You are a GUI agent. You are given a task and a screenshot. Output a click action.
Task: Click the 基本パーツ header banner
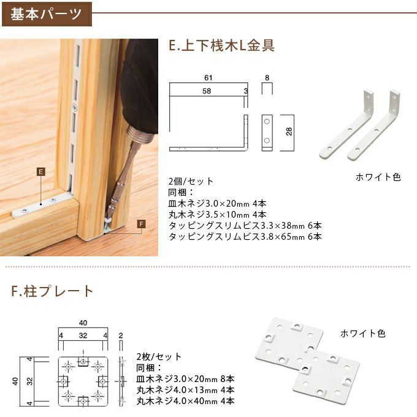click(x=47, y=13)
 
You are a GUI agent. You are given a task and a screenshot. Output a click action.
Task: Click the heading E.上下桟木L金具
click(x=221, y=45)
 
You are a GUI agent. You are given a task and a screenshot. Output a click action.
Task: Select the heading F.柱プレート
click(x=52, y=291)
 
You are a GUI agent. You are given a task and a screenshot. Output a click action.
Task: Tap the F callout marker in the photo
click(x=142, y=224)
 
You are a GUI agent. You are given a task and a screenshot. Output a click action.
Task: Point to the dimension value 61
click(x=208, y=78)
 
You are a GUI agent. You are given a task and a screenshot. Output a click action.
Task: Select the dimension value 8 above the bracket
click(x=267, y=78)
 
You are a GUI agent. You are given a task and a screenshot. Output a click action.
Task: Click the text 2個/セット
click(x=191, y=182)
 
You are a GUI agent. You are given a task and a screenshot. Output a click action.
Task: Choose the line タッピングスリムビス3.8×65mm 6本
click(x=245, y=237)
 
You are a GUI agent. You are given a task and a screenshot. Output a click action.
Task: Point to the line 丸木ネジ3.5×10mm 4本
click(x=217, y=215)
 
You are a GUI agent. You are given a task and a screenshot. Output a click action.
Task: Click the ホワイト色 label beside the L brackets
click(x=378, y=177)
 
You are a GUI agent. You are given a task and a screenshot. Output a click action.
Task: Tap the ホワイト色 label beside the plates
click(x=363, y=334)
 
